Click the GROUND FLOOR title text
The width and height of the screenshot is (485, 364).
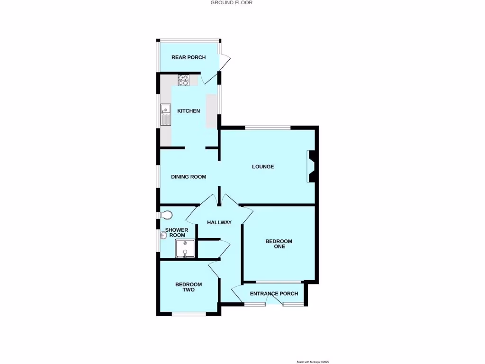[232, 3]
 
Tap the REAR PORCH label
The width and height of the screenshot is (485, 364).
[189, 57]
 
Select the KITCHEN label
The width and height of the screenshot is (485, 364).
[189, 111]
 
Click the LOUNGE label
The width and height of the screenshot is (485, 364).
[263, 167]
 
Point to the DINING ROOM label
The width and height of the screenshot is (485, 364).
[189, 177]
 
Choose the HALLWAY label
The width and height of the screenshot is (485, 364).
[219, 222]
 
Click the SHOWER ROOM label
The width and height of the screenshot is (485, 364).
[177, 232]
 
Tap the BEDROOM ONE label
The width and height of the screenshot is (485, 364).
[279, 244]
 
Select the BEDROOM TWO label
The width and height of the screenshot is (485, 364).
[189, 287]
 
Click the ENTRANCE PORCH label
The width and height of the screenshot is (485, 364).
[274, 293]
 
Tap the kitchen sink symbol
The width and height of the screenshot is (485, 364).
[165, 114]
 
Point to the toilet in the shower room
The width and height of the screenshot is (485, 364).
[166, 215]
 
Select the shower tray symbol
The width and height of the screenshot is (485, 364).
[185, 248]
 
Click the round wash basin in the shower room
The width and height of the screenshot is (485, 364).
[163, 234]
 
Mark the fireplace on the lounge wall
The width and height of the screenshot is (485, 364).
[312, 166]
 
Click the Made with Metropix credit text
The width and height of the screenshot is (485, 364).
[313, 362]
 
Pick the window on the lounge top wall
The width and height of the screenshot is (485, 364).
[268, 127]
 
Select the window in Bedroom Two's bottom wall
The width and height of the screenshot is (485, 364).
[189, 314]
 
